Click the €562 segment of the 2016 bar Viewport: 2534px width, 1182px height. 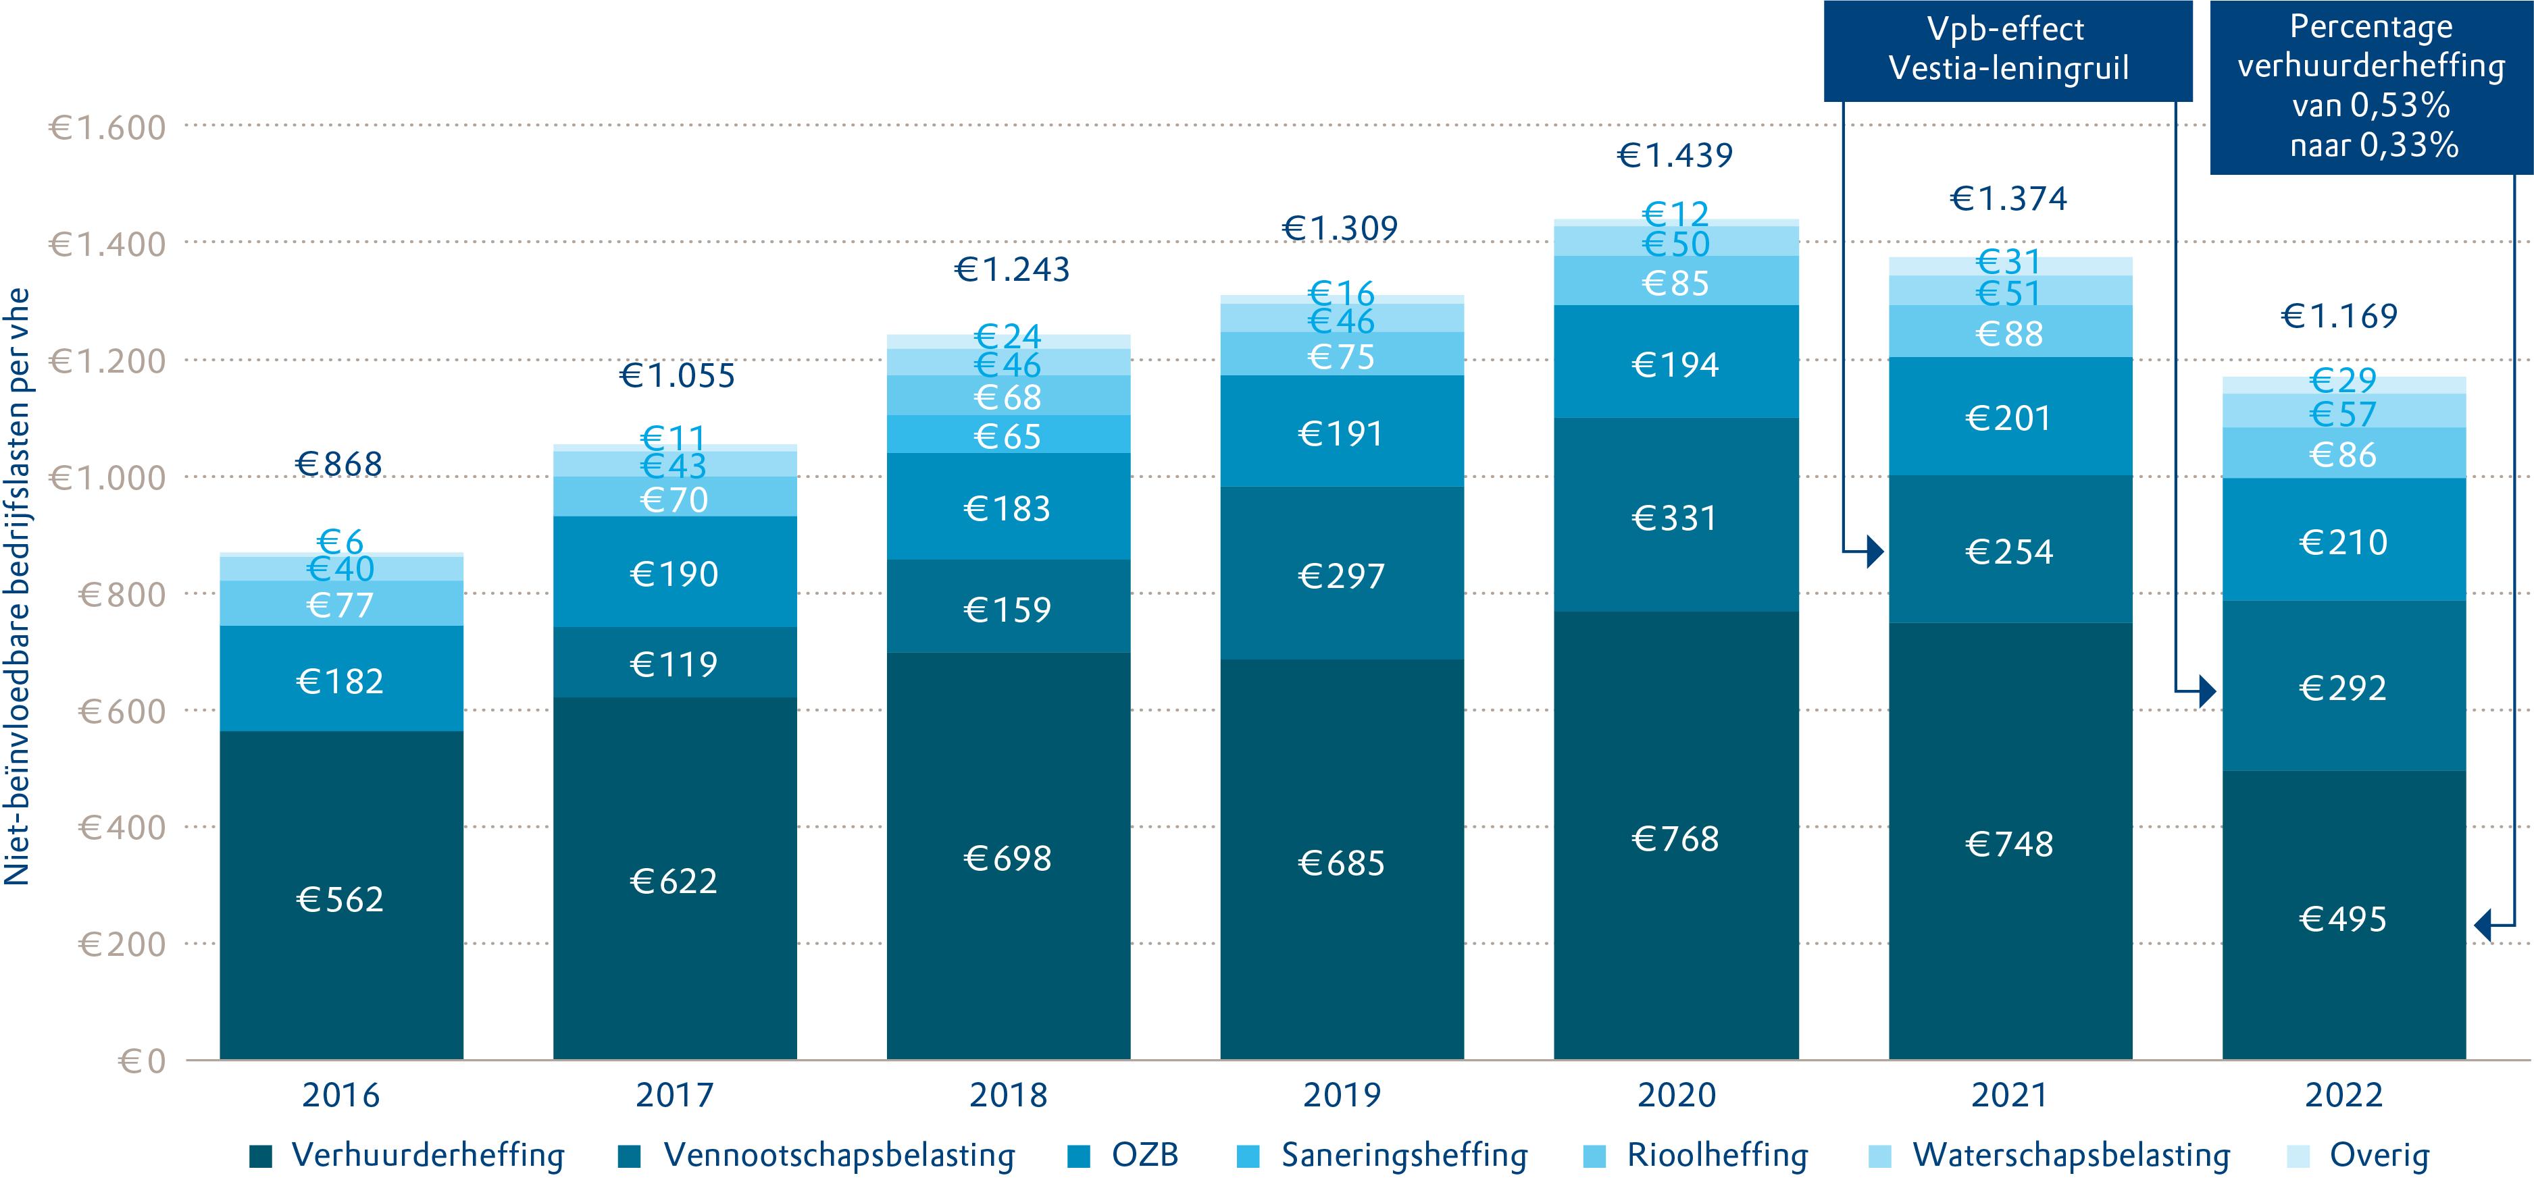[x=340, y=898]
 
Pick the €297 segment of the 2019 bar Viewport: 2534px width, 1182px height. [x=1341, y=575]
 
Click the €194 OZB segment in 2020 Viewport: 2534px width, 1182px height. [x=1675, y=365]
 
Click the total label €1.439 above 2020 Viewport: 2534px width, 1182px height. [x=1675, y=155]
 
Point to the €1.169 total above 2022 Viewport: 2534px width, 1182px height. [x=2339, y=316]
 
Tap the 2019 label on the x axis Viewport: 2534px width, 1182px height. [x=1342, y=1094]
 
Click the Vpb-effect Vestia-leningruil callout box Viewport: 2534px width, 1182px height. [x=2008, y=50]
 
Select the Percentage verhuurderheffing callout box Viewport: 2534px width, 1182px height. [x=2371, y=86]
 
